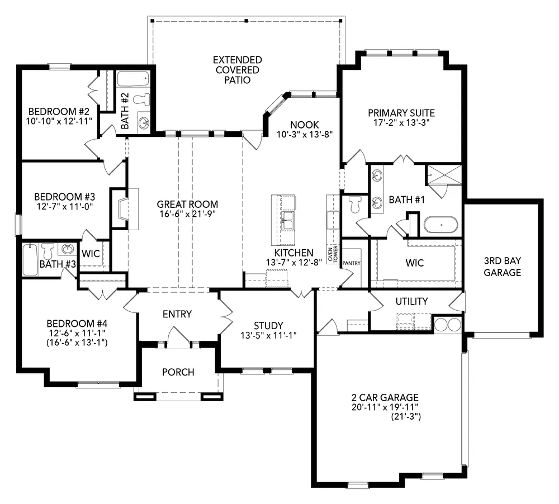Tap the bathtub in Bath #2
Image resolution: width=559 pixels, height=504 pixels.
(x=133, y=79)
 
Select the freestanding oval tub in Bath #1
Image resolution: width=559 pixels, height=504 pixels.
(x=440, y=225)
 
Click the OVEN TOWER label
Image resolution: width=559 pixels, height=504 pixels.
(x=333, y=254)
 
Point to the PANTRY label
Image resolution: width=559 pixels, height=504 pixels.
(x=352, y=263)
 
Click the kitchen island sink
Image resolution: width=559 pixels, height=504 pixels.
(x=287, y=221)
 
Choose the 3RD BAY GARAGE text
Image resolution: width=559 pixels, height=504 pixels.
(x=503, y=267)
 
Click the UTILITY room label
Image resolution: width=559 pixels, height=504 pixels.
(x=412, y=302)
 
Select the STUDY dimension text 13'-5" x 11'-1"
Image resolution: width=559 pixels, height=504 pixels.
(x=268, y=335)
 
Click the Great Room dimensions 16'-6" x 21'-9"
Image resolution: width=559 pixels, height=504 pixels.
(x=187, y=214)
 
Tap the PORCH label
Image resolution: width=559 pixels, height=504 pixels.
(x=178, y=372)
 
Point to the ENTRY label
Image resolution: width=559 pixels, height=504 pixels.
(x=177, y=314)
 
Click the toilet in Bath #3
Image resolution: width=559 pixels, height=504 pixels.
(x=48, y=250)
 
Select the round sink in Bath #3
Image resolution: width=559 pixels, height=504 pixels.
(x=67, y=249)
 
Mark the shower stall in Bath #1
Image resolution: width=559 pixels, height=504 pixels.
(x=444, y=175)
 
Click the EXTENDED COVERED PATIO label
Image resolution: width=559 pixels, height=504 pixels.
(x=238, y=70)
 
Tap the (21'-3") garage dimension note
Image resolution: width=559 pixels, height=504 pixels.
(x=406, y=416)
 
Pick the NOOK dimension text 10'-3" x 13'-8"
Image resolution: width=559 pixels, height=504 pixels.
(x=305, y=134)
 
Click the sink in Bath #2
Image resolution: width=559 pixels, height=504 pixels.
(x=144, y=122)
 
